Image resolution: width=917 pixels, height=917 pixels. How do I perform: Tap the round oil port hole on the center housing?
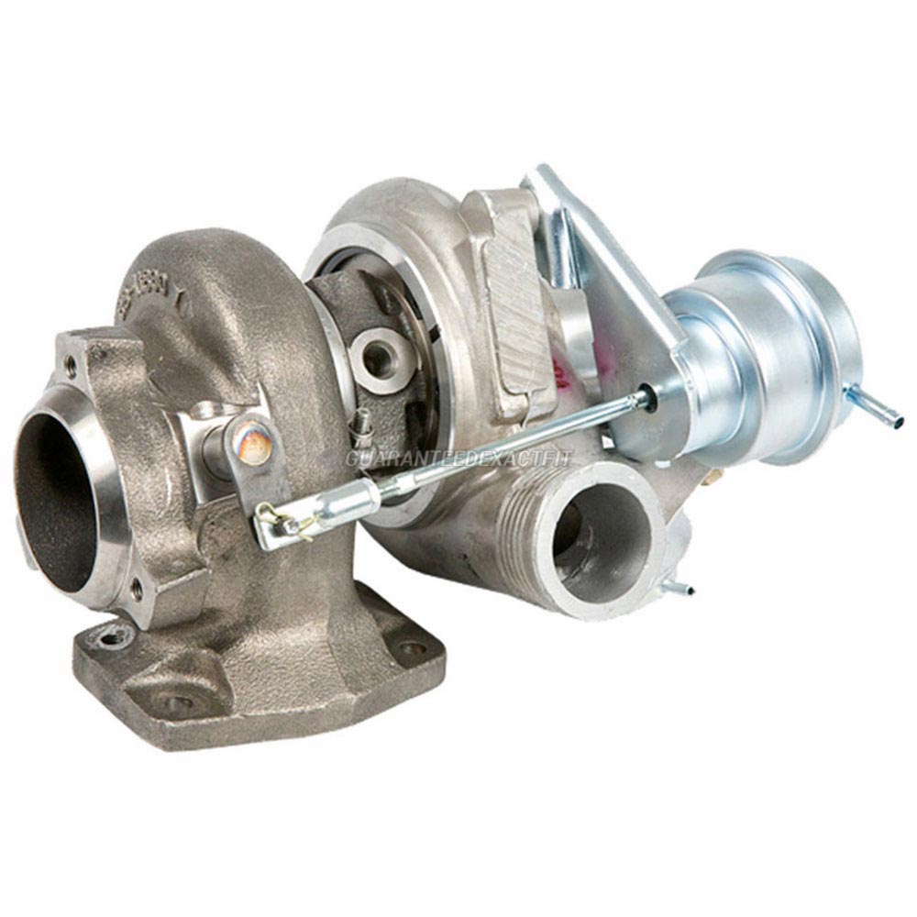(x=377, y=357)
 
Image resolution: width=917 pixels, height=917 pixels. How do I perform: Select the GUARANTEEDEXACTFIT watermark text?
(x=458, y=458)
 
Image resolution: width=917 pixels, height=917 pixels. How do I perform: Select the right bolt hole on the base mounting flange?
(x=413, y=647)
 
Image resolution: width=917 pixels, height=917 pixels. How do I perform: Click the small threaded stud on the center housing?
(x=362, y=423)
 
